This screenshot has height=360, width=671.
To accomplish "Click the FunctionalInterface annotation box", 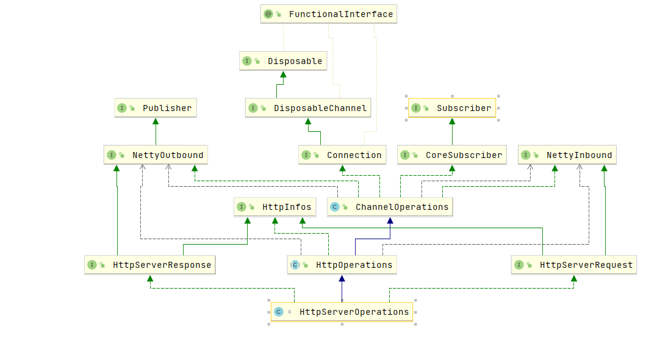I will coord(328,14).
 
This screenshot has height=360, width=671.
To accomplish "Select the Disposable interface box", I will coord(283,61).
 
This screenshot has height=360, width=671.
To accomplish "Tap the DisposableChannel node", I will coord(308,108).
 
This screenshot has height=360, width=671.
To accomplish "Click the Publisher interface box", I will coord(156,108).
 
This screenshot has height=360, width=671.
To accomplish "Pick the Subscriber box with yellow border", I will coord(452,108).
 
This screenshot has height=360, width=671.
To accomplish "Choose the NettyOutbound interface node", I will coord(156,155).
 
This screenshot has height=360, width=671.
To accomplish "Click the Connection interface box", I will coord(342,155).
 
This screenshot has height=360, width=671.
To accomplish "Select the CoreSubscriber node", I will coord(452,155).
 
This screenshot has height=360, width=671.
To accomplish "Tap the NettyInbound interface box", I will coord(567,155).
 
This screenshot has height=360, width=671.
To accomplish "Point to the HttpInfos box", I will coord(274,207).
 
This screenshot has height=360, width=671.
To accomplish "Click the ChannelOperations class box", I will coord(390,207).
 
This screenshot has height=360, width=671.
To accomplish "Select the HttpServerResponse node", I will coord(150,265).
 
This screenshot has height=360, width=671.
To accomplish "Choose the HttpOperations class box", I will coord(342,265).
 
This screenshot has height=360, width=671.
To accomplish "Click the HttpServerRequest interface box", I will coord(574,265).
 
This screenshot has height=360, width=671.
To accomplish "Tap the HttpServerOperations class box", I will coord(342,312).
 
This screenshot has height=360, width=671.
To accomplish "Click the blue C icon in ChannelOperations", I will coord(335,207).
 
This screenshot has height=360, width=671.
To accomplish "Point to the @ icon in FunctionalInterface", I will coord(268,14).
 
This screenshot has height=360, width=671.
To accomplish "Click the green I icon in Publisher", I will coord(122,108).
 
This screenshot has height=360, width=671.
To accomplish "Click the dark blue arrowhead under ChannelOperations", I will coord(390,221).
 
